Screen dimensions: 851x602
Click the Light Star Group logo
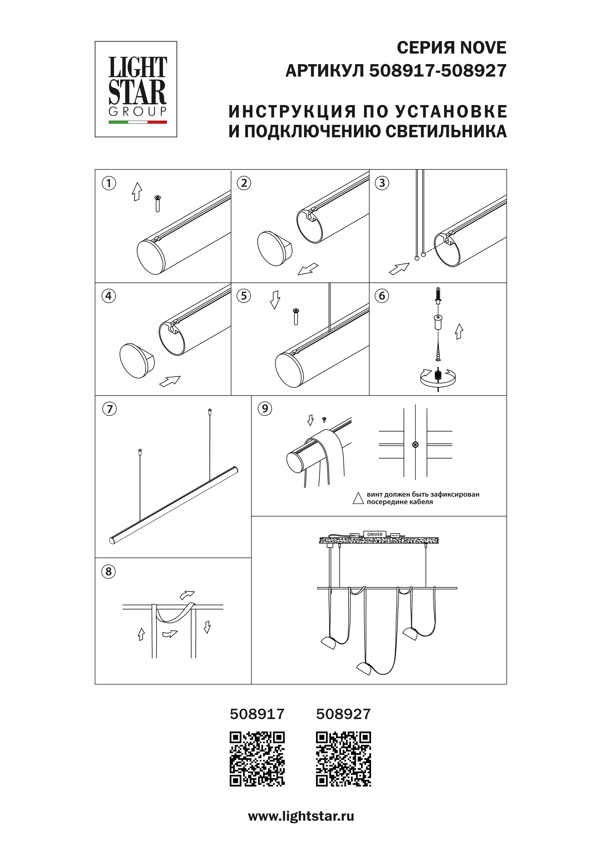point(136,89)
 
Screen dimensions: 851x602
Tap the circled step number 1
point(109,183)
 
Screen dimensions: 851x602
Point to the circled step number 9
point(265,408)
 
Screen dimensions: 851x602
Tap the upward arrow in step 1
point(137,192)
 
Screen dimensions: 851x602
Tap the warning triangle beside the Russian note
point(358,498)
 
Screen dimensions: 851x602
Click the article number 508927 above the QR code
point(343,714)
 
